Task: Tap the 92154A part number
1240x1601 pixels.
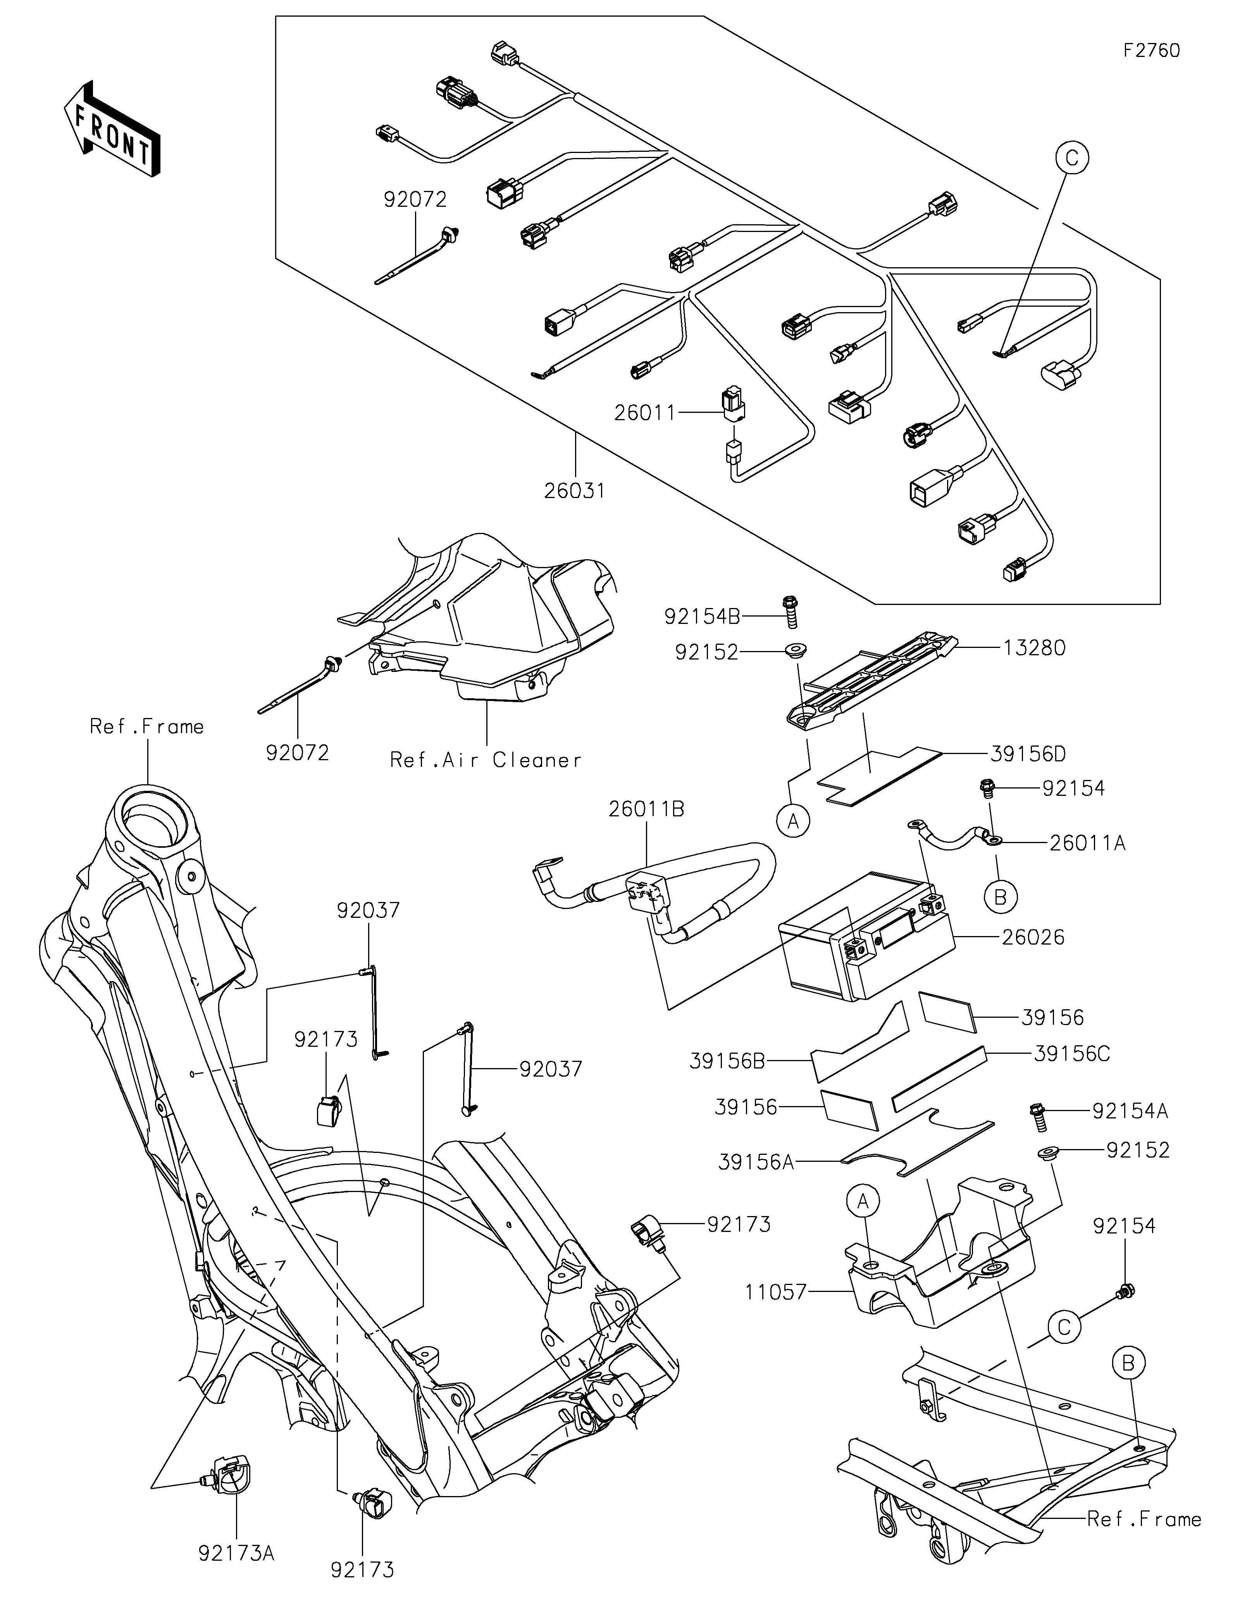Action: [1130, 1112]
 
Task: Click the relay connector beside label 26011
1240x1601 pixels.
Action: [732, 404]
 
